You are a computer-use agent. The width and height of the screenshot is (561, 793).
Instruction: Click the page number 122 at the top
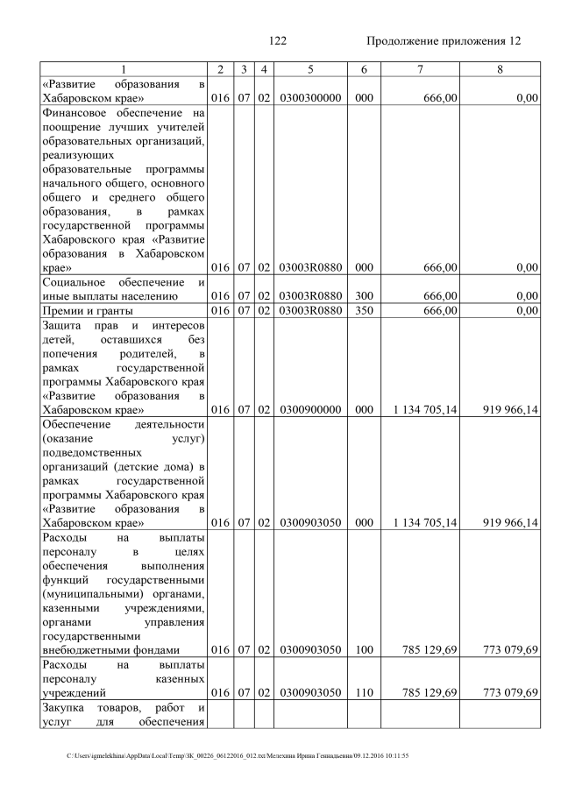pos(278,41)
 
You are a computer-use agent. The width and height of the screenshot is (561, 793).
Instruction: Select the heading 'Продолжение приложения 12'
pos(443,41)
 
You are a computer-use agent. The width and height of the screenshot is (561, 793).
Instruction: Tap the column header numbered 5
pos(310,68)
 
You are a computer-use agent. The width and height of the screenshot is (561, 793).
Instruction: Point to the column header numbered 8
pos(499,68)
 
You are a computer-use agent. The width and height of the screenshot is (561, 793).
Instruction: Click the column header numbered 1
pos(123,68)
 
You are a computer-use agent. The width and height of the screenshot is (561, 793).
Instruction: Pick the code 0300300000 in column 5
pos(310,98)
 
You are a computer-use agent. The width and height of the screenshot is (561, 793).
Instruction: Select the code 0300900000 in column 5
pos(310,409)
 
